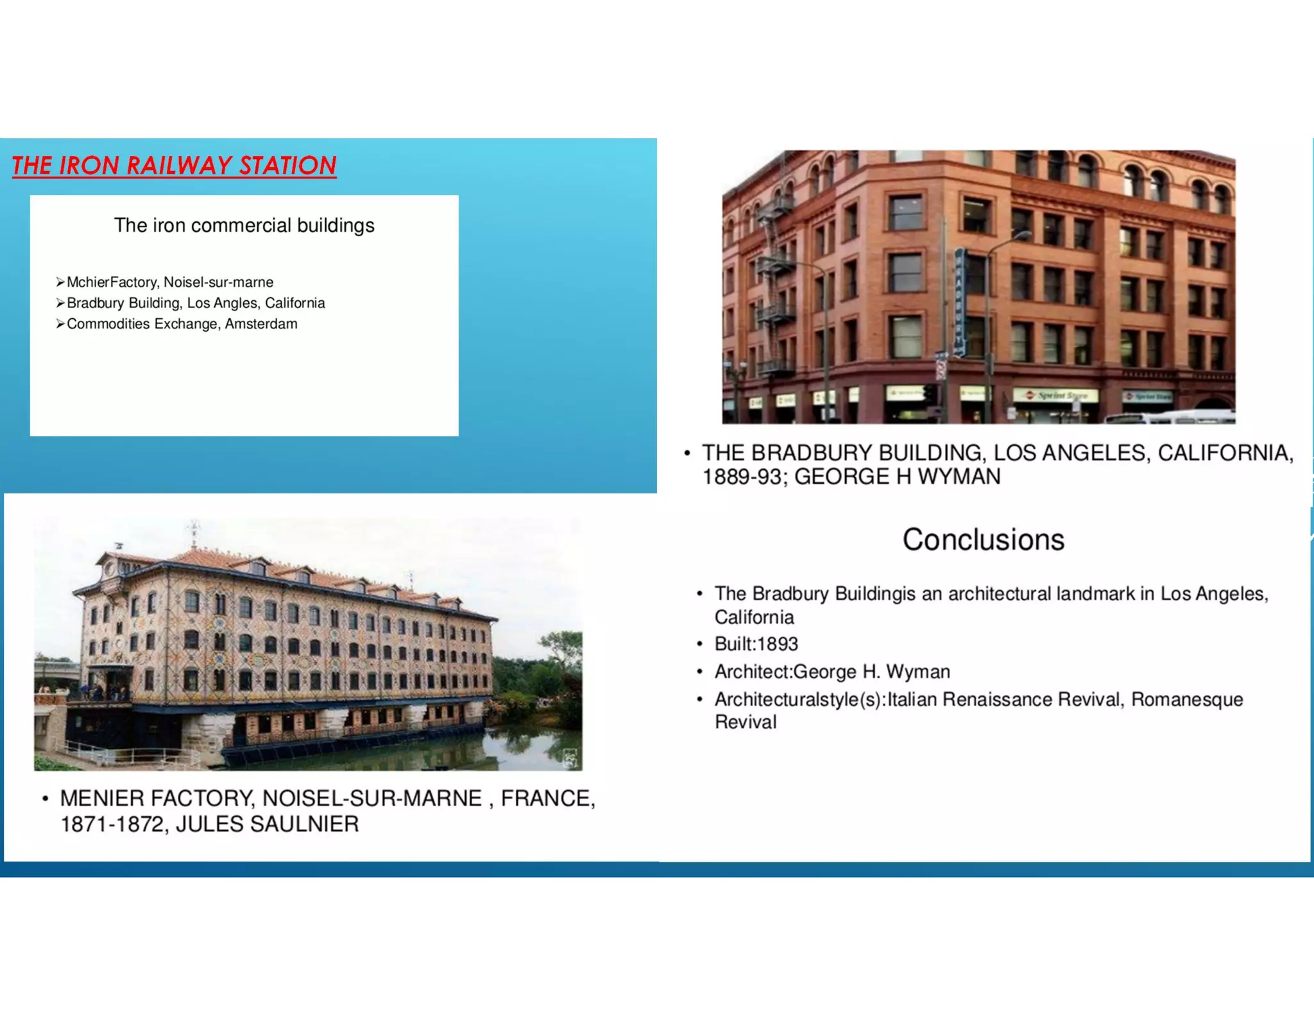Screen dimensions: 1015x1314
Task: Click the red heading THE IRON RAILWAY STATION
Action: click(x=174, y=166)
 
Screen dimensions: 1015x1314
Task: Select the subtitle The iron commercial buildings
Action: click(x=244, y=226)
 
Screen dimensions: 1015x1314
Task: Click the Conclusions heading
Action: click(x=983, y=540)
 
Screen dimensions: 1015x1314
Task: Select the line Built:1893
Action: click(x=756, y=644)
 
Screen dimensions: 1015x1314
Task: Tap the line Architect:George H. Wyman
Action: click(x=832, y=672)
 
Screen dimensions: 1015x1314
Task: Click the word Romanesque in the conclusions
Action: click(x=1187, y=699)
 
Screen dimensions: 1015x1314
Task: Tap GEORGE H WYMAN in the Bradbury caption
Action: click(x=897, y=477)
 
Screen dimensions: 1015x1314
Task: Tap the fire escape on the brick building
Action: click(x=774, y=289)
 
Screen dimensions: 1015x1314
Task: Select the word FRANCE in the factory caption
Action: click(x=547, y=799)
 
